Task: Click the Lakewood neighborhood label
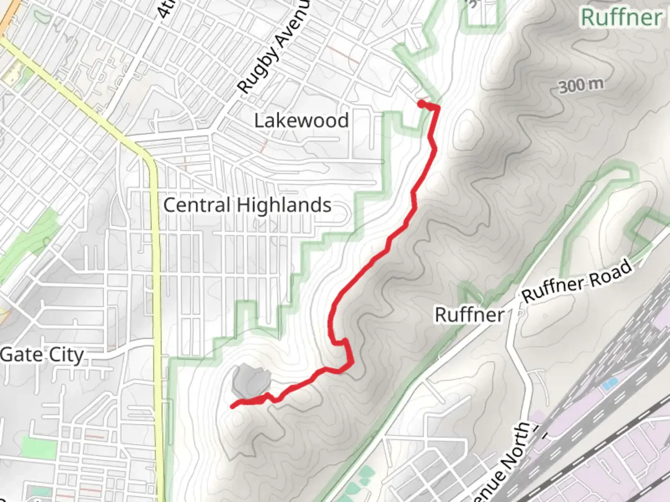pos(301,121)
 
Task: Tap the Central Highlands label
pos(247,205)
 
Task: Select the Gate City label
pos(42,355)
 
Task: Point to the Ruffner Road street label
pos(577,282)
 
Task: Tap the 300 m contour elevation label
pos(581,85)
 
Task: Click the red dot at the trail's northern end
pos(421,104)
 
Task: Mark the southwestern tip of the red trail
pos(233,406)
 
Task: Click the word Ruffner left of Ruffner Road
pos(469,315)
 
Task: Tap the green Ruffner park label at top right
pos(621,18)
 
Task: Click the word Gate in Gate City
pos(21,355)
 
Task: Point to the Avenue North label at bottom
pos(505,465)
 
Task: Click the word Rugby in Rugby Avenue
pos(259,70)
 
